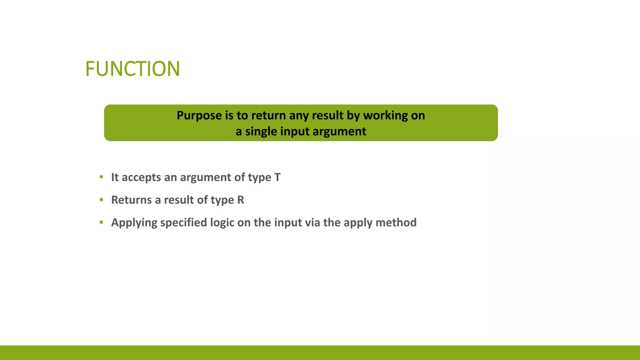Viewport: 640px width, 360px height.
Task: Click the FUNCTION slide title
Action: [132, 69]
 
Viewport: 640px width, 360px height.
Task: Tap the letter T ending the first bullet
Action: [277, 177]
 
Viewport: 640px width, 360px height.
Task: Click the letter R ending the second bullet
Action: [241, 200]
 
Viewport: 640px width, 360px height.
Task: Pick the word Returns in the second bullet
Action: [132, 200]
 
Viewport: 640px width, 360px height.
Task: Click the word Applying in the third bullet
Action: [134, 223]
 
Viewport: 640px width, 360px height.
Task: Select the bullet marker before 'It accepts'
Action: [101, 177]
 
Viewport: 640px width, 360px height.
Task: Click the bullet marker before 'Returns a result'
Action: [101, 200]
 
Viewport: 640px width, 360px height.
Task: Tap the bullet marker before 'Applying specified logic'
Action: [101, 222]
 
